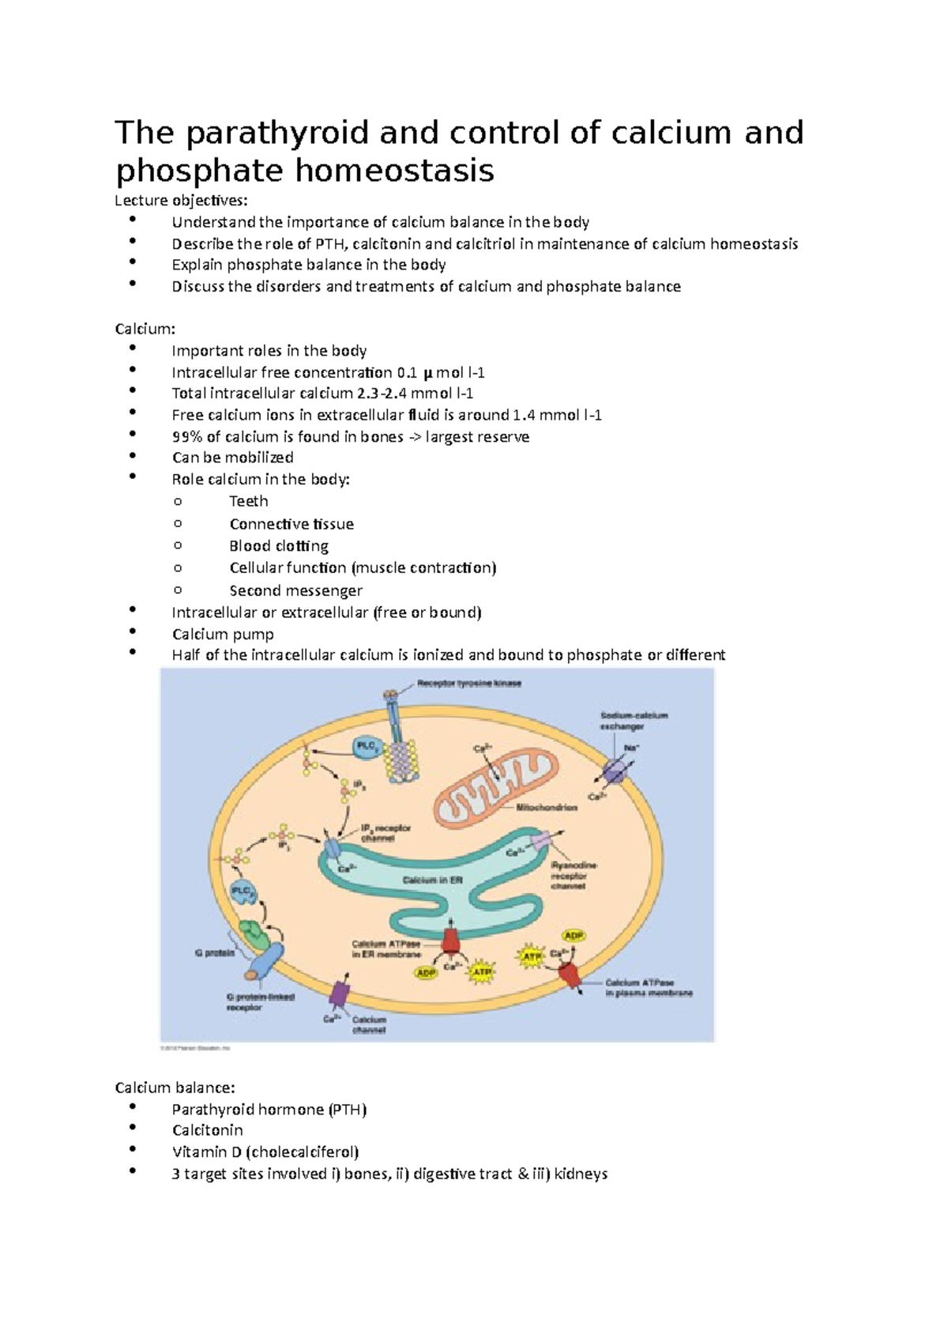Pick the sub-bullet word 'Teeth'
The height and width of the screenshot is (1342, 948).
[249, 501]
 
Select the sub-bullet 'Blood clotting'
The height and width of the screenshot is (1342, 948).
[279, 546]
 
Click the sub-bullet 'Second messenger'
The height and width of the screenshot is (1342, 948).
[296, 590]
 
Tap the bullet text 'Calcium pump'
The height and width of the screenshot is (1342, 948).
[223, 634]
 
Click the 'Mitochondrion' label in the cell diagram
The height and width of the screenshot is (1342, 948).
[547, 808]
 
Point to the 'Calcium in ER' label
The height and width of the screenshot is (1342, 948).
[433, 880]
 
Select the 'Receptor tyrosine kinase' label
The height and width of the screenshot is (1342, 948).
[469, 684]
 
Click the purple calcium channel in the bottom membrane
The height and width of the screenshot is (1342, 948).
[340, 993]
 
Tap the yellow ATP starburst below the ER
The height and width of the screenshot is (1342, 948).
[481, 971]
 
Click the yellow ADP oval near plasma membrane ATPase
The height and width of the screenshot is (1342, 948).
[574, 936]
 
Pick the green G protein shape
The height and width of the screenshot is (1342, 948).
[256, 936]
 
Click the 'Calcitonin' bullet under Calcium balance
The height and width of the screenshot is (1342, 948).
[208, 1130]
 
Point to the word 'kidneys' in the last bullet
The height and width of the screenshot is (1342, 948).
[581, 1174]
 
